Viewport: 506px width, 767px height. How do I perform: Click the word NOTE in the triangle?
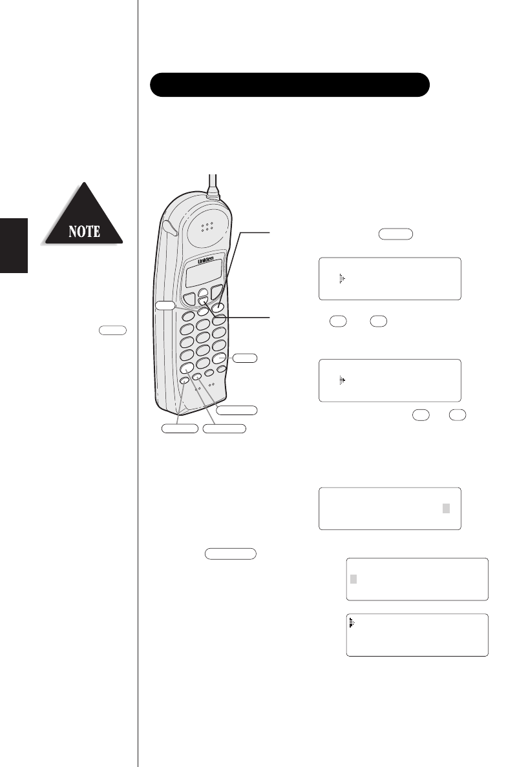tap(83, 231)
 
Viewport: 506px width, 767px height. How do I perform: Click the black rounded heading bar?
tap(290, 85)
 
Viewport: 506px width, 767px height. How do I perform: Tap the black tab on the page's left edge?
tap(14, 245)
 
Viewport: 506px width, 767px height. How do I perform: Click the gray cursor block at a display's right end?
tap(446, 508)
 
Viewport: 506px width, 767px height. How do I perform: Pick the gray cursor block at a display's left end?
tap(353, 578)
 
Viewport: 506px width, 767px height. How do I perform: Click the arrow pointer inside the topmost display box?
tap(343, 278)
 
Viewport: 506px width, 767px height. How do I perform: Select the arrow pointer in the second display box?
tap(343, 381)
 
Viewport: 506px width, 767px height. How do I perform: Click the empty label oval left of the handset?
tap(165, 305)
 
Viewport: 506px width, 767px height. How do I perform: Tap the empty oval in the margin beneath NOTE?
tap(113, 329)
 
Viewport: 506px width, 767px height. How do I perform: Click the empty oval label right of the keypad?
tap(244, 356)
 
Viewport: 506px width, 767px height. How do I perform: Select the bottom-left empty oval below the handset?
tap(179, 427)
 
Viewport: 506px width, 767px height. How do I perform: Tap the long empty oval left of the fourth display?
tap(231, 553)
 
